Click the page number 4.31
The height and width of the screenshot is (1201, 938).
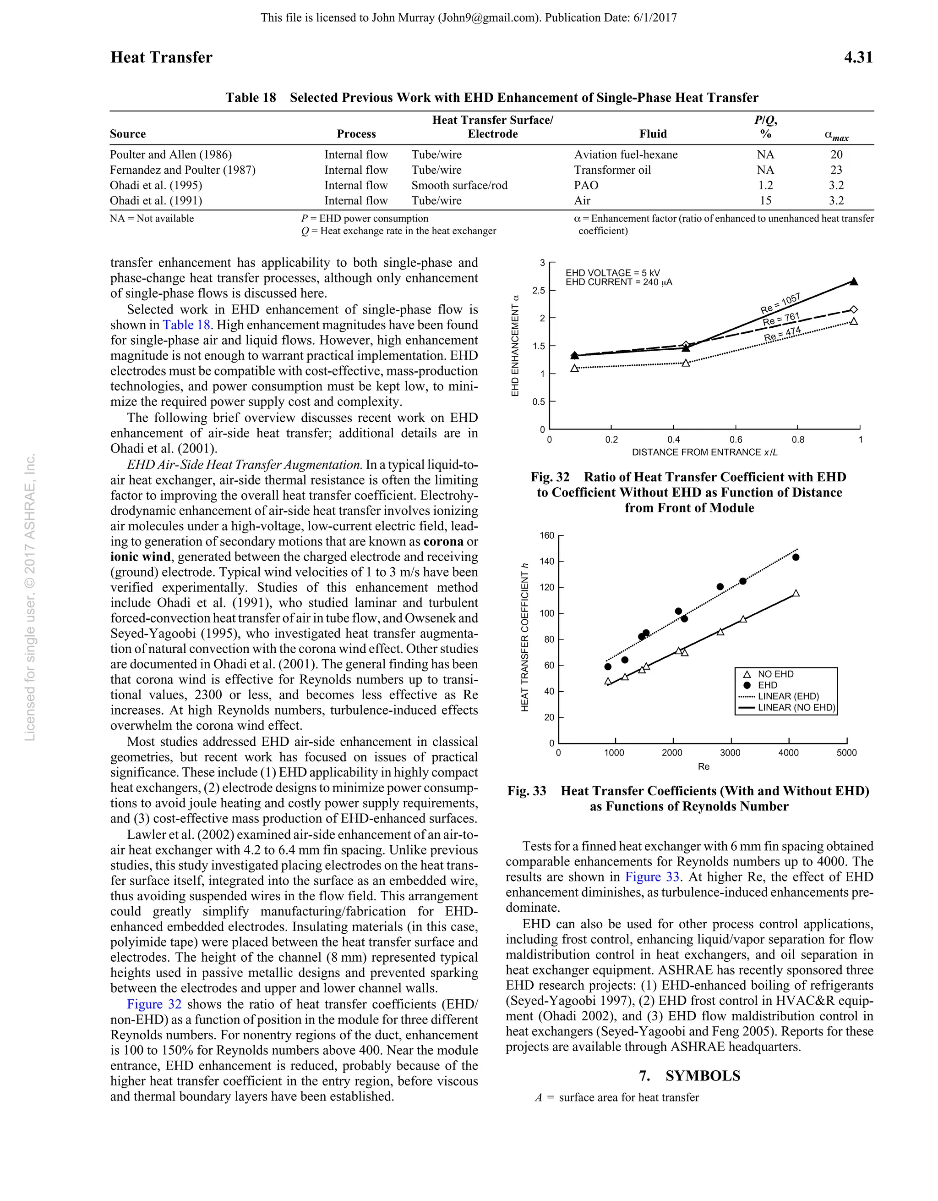coord(858,58)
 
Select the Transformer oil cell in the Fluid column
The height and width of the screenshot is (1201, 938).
coord(612,170)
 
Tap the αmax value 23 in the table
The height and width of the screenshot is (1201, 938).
coord(836,170)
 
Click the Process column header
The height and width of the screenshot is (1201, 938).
coord(356,134)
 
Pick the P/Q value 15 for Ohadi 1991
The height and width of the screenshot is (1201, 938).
coord(765,201)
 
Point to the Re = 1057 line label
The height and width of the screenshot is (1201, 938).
coord(780,303)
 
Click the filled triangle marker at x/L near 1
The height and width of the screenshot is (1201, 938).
coord(853,281)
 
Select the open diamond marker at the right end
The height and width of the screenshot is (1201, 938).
coord(853,309)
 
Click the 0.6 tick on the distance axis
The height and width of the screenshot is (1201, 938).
coord(735,440)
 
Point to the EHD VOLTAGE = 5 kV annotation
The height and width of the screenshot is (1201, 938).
coord(613,273)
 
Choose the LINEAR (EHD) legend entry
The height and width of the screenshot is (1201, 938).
coord(788,696)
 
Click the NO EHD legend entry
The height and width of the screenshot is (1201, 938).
coord(775,674)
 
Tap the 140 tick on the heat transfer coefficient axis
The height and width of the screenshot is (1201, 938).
coord(547,562)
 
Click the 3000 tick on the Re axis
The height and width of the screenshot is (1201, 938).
coord(730,753)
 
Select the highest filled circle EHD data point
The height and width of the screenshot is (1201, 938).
coord(796,557)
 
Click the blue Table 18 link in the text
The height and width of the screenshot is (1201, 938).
coord(186,325)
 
